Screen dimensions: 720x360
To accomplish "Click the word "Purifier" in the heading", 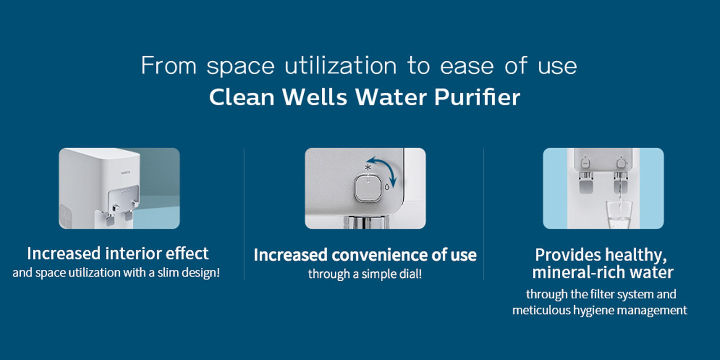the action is coord(477,97).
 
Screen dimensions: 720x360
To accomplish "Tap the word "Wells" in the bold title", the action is coord(315,97).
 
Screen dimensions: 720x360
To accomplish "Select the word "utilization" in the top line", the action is coord(340,66).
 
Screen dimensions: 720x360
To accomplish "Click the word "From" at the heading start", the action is coord(169,66).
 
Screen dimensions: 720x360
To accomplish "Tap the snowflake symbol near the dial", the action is coord(368,167).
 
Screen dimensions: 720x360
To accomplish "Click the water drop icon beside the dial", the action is coord(387,186).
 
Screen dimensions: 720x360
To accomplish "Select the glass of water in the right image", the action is coord(619,215).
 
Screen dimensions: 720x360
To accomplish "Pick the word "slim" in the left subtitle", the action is coord(168,273).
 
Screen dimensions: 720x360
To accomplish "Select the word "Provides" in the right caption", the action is coord(568,255).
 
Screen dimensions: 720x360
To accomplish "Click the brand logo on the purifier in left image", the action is coord(126,173).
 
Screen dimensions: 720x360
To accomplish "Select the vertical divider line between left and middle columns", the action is coord(244,214).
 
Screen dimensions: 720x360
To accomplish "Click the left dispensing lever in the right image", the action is coord(585,184).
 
